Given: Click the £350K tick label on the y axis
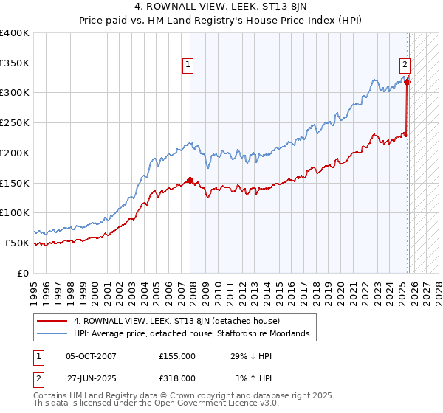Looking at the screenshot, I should [15, 63].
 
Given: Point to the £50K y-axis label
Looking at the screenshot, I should [18, 243].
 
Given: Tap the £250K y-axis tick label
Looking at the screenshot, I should [15, 123].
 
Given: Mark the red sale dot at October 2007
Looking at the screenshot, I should [190, 180].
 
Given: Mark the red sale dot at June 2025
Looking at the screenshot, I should [407, 82].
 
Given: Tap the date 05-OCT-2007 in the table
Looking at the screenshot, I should [91, 356].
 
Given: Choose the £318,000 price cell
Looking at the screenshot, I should [177, 378].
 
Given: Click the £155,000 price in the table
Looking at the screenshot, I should [177, 356].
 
